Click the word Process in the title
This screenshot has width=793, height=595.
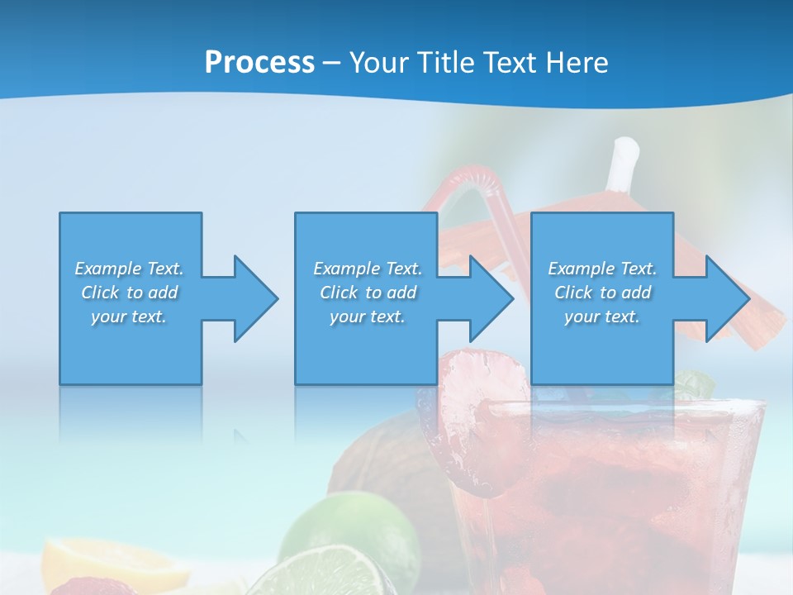[x=259, y=62]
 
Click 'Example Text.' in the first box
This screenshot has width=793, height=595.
[x=129, y=269]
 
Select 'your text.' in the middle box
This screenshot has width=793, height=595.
[x=367, y=317]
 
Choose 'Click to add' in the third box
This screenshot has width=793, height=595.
[x=602, y=293]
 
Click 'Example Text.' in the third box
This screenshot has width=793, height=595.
[x=602, y=269]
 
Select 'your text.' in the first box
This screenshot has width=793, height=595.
[x=129, y=317]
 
